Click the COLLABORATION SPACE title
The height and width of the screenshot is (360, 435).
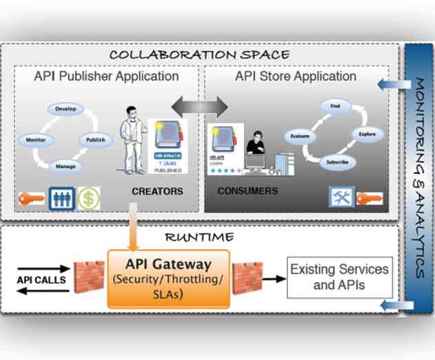[x=199, y=54]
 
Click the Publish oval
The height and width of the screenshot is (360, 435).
[x=95, y=140]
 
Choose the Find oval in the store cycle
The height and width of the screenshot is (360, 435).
[x=335, y=108]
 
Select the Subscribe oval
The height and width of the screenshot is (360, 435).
[x=336, y=163]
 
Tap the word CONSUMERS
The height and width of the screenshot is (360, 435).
[x=247, y=190]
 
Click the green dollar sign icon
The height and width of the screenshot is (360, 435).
[x=88, y=198]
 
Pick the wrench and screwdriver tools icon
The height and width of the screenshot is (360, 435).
[x=341, y=197]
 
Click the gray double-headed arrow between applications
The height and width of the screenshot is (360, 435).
[x=199, y=106]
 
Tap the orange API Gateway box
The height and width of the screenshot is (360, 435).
[x=168, y=278]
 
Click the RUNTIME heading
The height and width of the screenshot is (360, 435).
[x=199, y=237]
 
